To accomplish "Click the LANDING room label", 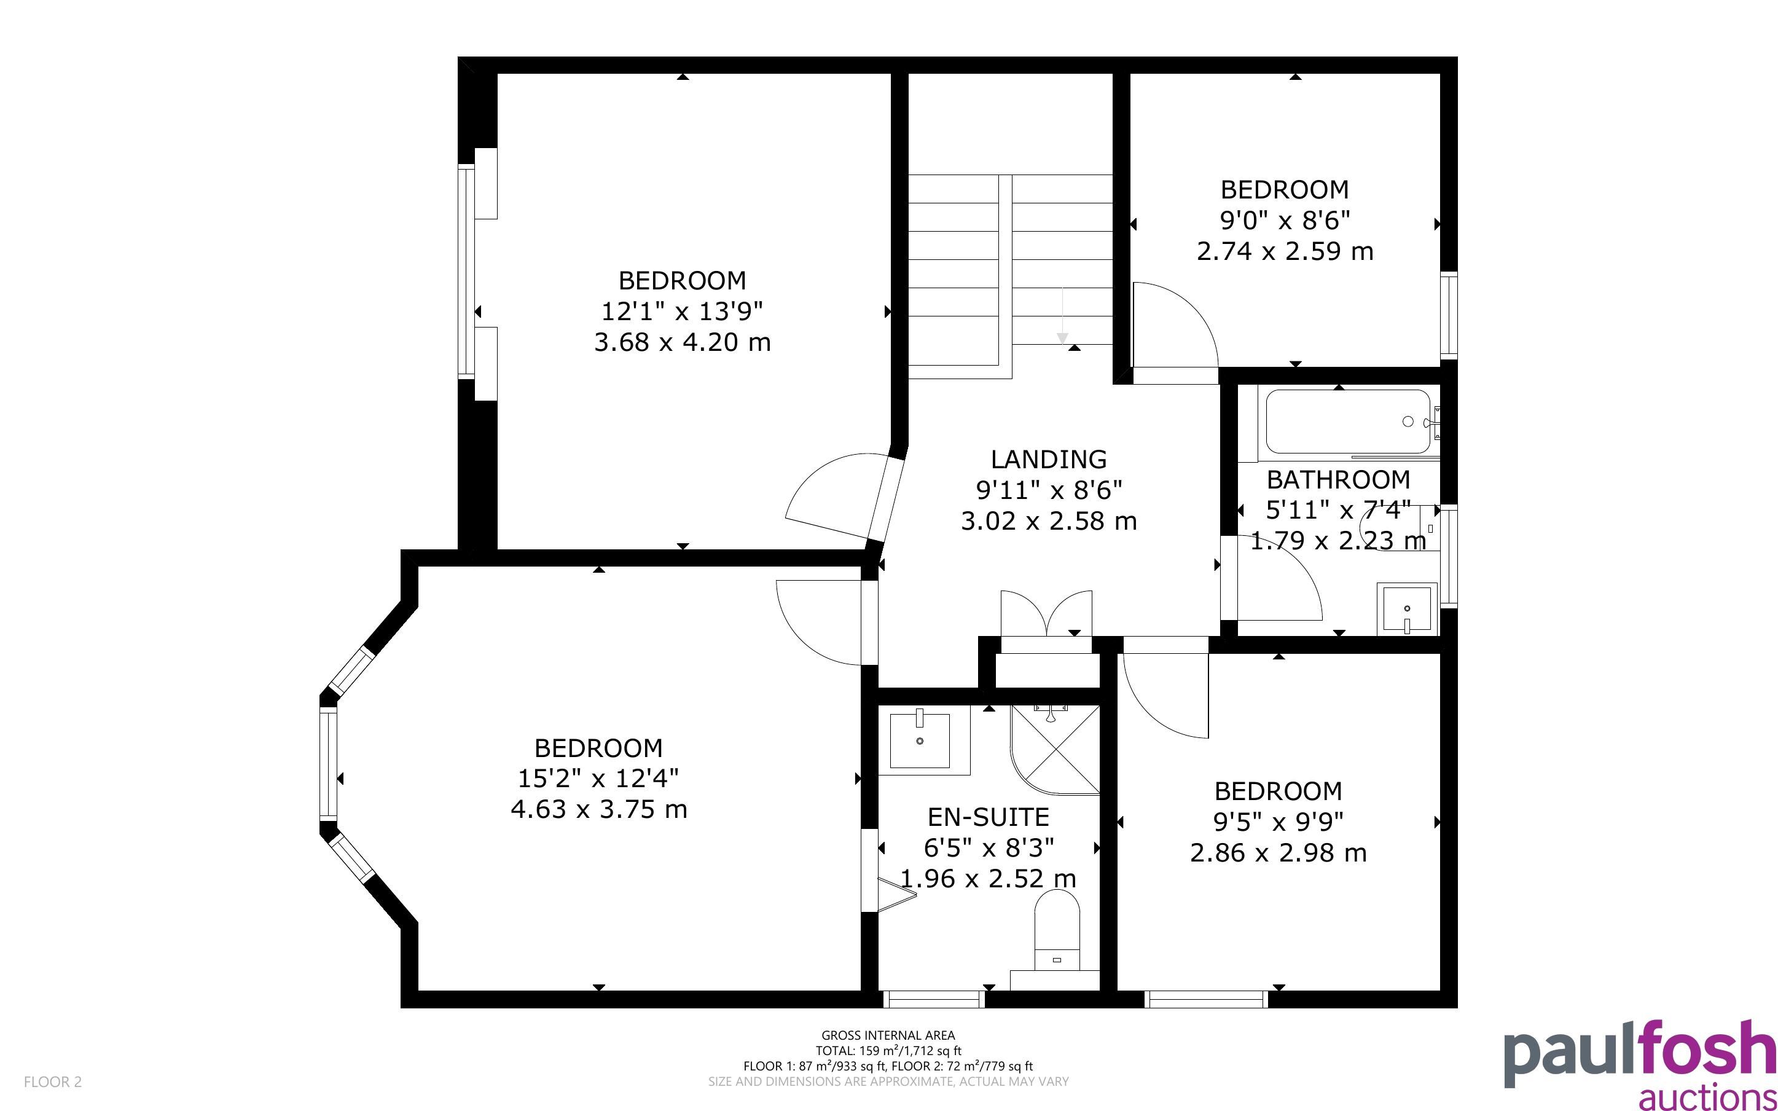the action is [x=1048, y=459].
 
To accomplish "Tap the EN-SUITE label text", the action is [x=988, y=817].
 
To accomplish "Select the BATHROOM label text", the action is [x=1338, y=480].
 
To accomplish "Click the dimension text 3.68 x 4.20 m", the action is [x=683, y=342].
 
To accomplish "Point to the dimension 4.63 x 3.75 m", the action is [x=598, y=810].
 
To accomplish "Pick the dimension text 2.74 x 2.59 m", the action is [x=1285, y=251].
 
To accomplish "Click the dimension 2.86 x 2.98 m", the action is [x=1278, y=853].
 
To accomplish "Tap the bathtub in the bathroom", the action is [x=1348, y=422].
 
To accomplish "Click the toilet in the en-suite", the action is [x=1057, y=930].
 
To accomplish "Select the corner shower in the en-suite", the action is [x=1055, y=750].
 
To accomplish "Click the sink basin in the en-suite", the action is [x=920, y=740].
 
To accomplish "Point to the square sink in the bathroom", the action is [x=1406, y=608].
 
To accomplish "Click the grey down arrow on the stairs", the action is [x=1062, y=315].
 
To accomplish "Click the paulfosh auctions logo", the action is [x=1640, y=1063].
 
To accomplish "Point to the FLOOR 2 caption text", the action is [x=53, y=1082].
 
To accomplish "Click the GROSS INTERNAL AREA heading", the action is [x=888, y=1035].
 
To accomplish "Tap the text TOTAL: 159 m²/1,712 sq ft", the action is [x=888, y=1051].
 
